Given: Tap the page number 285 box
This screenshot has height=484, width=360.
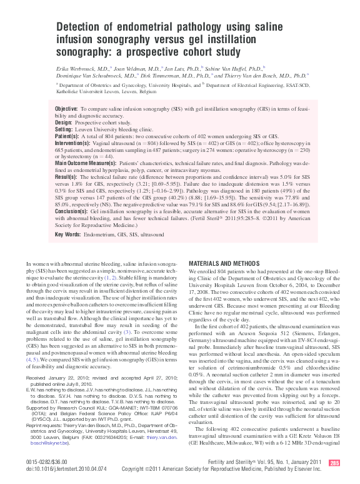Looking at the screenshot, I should [x=334, y=463].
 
